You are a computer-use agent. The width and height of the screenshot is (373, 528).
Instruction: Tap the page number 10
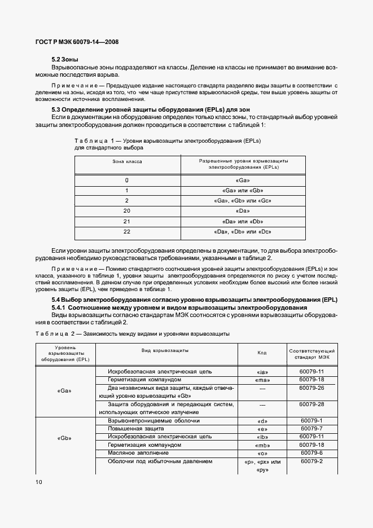pos(38,481)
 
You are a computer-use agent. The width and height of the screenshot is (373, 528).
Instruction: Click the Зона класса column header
pos(127,161)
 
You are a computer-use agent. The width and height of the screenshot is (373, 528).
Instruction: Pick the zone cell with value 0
pos(127,180)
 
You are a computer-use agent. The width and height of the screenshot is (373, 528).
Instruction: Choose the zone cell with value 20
pos(127,210)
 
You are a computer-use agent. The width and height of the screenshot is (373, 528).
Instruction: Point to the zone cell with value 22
pos(127,231)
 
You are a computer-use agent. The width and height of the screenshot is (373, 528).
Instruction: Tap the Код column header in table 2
pos(261,353)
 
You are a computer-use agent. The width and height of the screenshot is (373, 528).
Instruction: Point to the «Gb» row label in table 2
pos(64,438)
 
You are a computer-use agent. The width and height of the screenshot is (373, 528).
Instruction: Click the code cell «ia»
pos(261,372)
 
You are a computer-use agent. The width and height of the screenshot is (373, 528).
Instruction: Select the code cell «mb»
pos(261,445)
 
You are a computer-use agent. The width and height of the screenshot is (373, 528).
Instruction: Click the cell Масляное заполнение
pos(130,453)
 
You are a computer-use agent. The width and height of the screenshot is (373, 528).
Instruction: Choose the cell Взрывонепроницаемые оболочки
pos(146,421)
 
